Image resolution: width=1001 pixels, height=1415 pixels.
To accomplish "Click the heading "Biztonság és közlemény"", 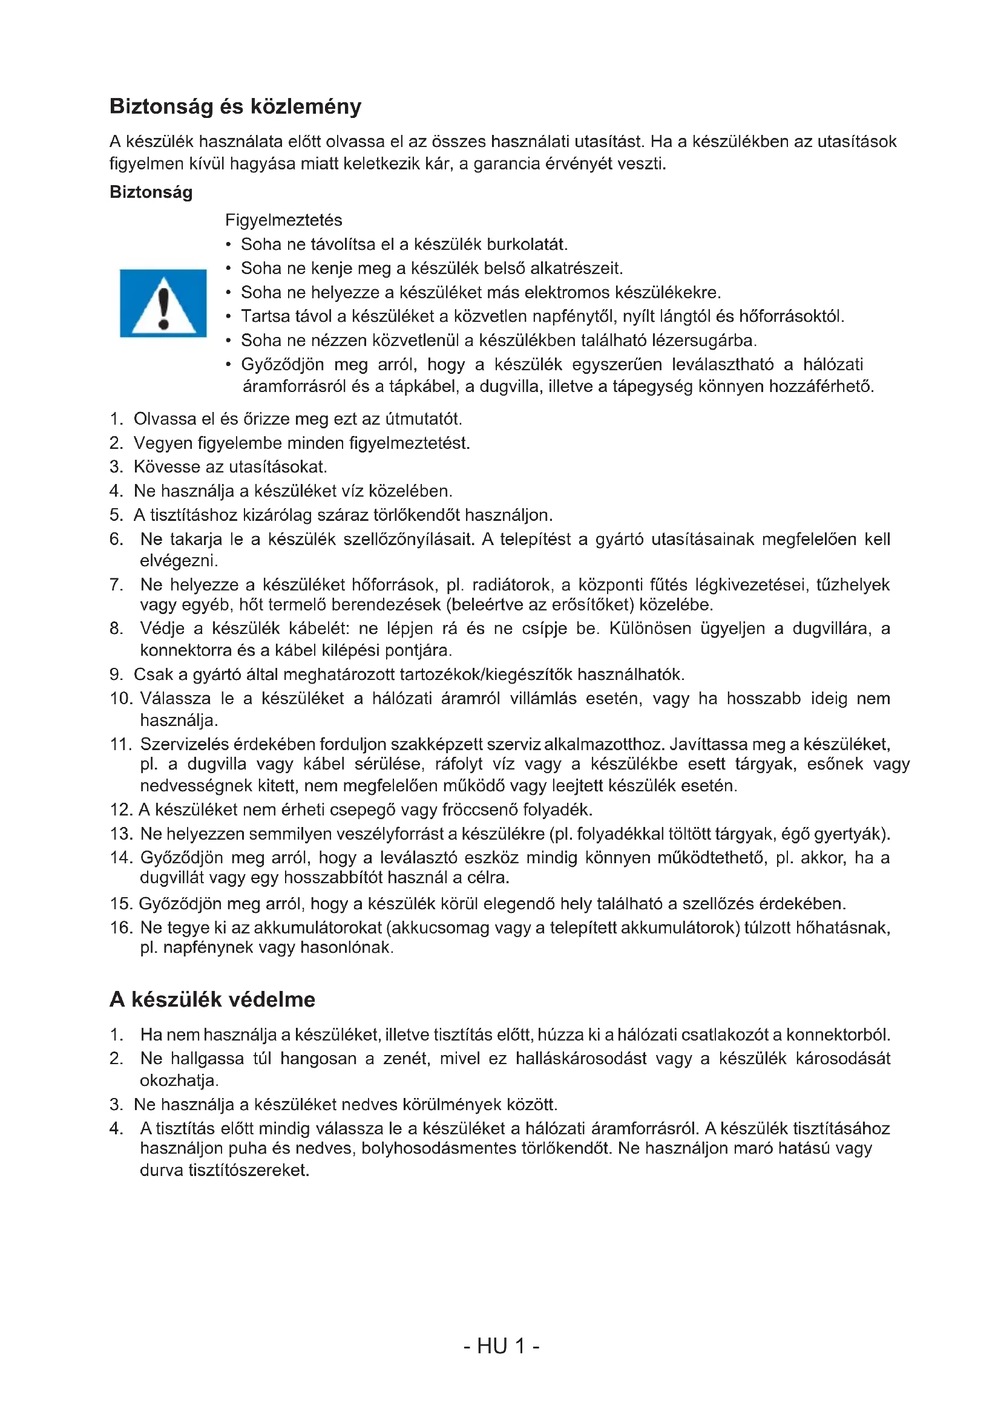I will click(235, 106).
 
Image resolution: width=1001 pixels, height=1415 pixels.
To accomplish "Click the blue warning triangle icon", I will click(163, 303).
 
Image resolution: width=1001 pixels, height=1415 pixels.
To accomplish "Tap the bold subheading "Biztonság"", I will click(151, 192).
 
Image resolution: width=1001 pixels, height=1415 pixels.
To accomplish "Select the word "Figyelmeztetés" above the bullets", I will click(283, 220).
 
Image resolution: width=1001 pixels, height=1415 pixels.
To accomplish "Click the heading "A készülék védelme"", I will click(212, 999).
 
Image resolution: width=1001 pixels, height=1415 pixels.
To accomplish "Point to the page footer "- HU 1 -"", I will click(500, 1346).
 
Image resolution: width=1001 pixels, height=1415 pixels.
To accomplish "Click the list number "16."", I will click(121, 927).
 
